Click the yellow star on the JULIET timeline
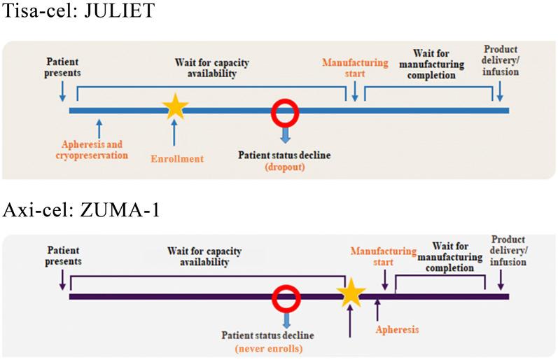[x=175, y=108]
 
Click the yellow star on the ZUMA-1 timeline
[x=351, y=293]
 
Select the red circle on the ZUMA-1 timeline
[x=286, y=296]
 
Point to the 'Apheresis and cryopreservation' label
[x=92, y=149]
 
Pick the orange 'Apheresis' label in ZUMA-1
[x=398, y=328]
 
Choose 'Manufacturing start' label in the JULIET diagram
[x=355, y=68]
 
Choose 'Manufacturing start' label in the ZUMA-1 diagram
[x=383, y=256]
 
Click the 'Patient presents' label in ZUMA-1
[x=64, y=255]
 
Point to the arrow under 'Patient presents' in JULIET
[x=63, y=90]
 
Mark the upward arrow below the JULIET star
[x=175, y=132]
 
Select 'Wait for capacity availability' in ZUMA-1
[x=197, y=256]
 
